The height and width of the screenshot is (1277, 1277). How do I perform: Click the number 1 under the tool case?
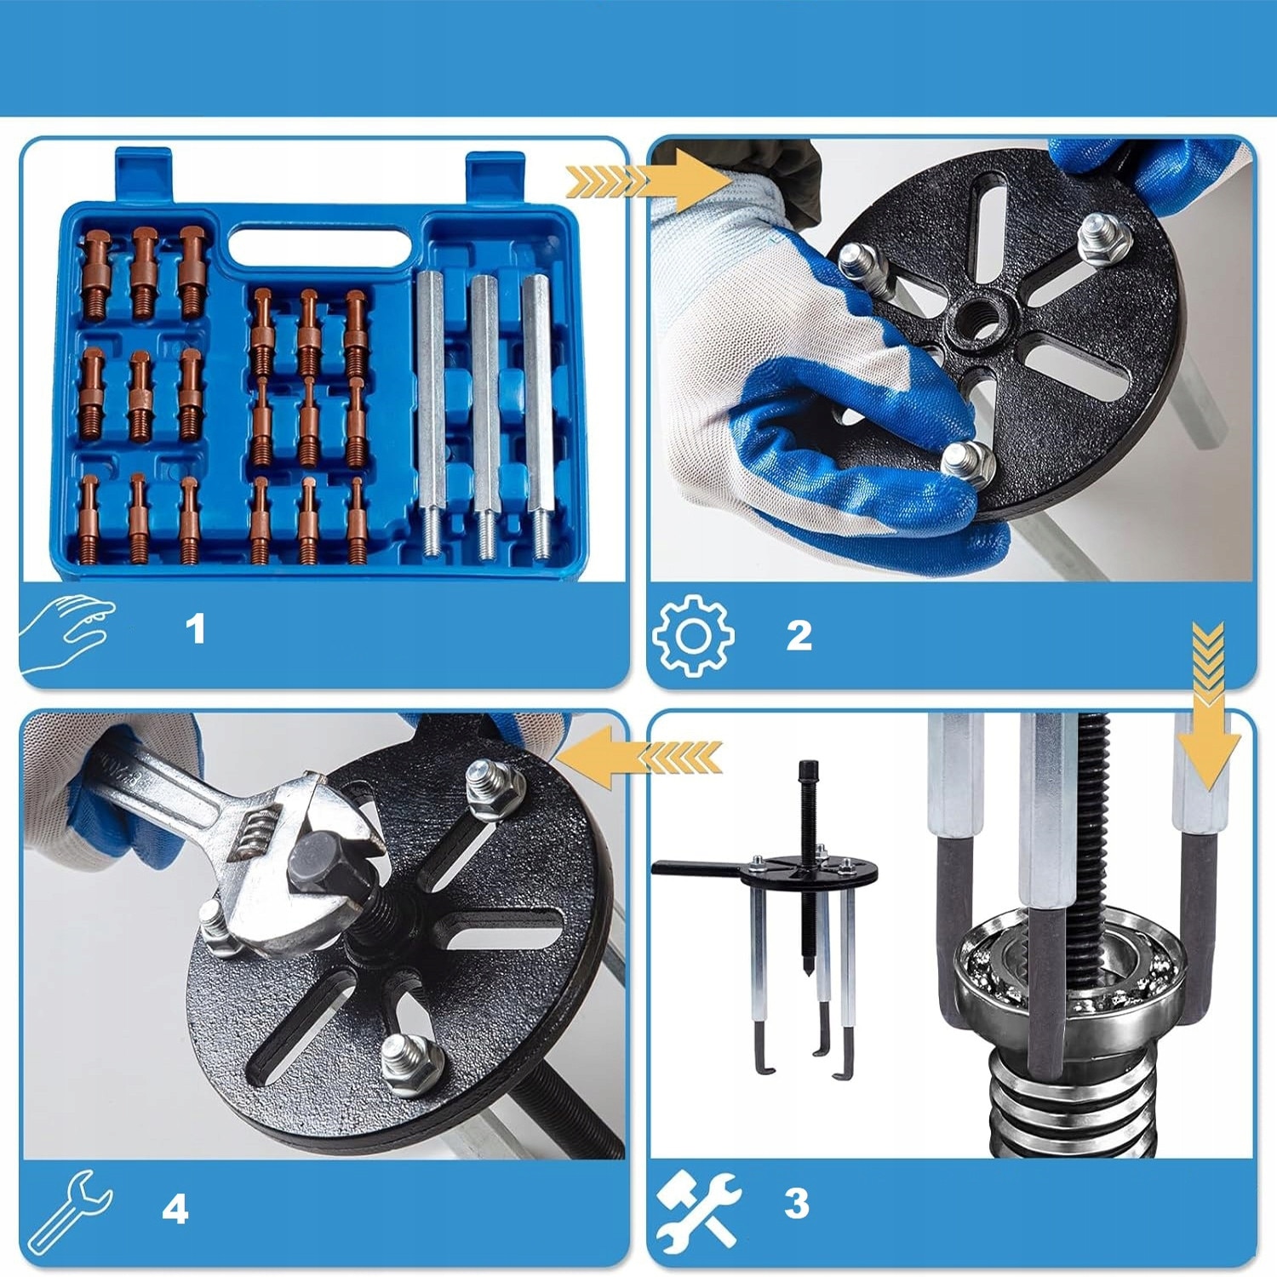[x=195, y=630]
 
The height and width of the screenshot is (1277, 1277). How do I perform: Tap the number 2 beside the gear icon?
[x=799, y=635]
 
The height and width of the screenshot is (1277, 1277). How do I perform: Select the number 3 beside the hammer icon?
[x=796, y=1203]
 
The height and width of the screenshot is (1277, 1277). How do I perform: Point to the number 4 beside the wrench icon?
[x=175, y=1209]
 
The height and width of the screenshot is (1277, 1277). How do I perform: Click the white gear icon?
[x=693, y=636]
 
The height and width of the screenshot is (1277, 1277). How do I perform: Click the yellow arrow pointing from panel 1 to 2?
[x=647, y=180]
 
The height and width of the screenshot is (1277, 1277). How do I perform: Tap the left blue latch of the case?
[x=143, y=175]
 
